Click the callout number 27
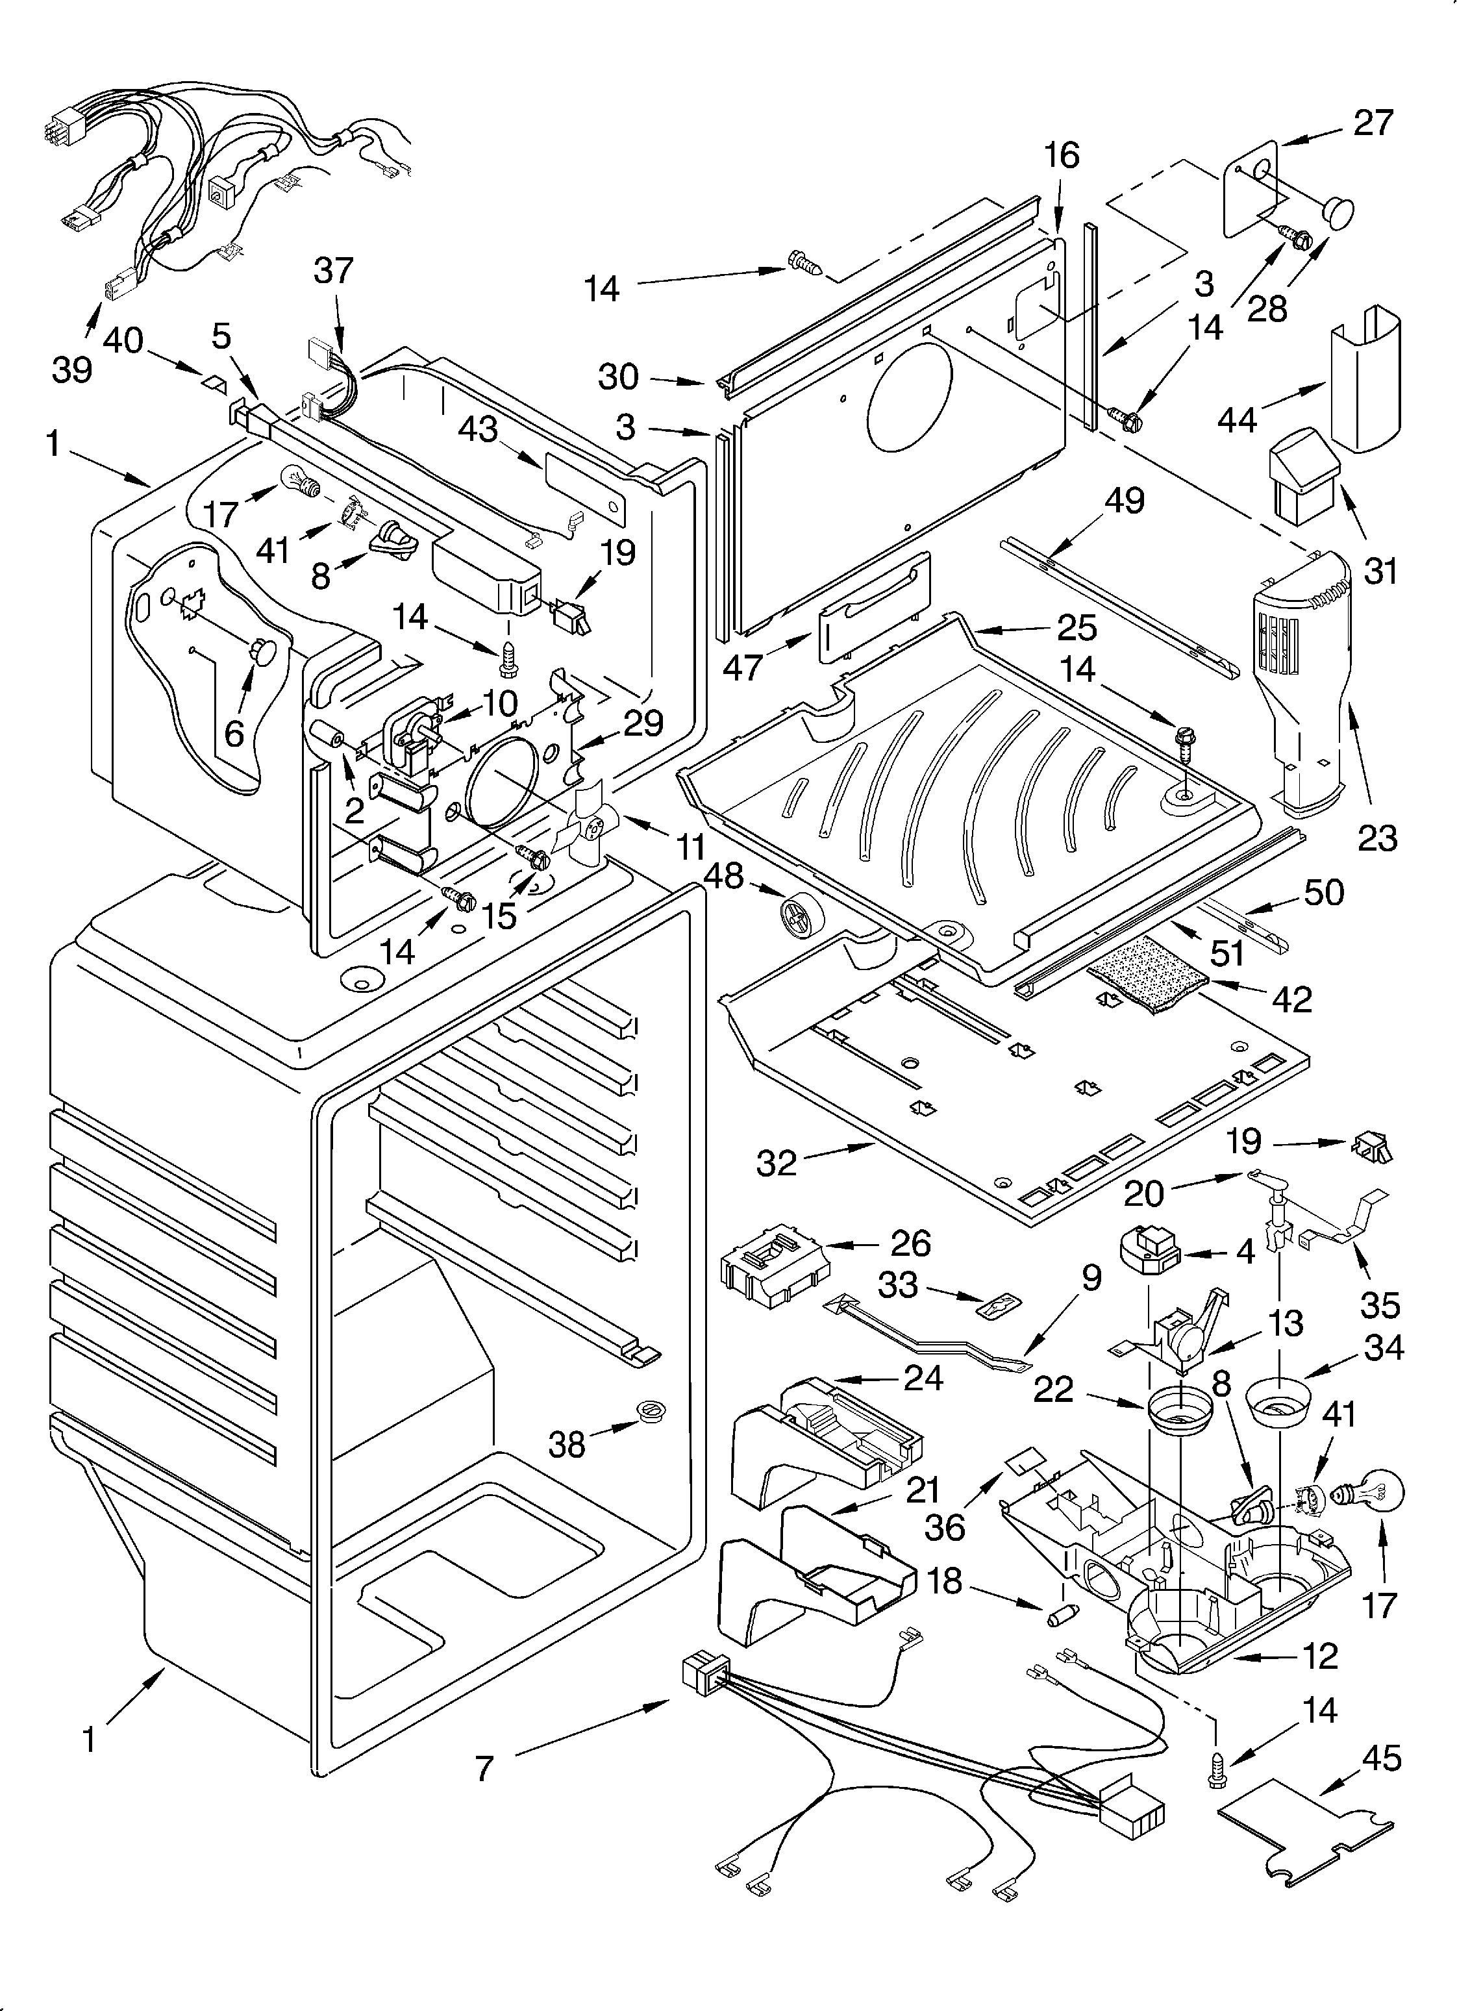pyautogui.click(x=1373, y=122)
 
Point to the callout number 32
pyautogui.click(x=777, y=1162)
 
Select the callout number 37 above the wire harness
pyautogui.click(x=334, y=270)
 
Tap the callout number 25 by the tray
pyautogui.click(x=1077, y=628)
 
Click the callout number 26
pyautogui.click(x=910, y=1244)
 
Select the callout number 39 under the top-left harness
pyautogui.click(x=72, y=369)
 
